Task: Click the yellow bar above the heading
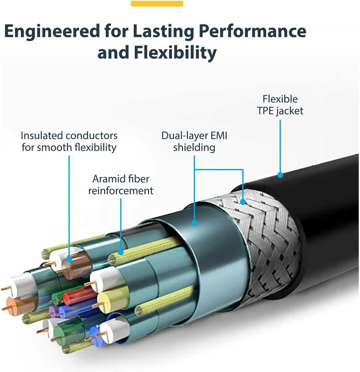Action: point(157,3)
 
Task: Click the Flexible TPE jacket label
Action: point(280,105)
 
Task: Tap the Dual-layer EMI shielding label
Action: point(194,141)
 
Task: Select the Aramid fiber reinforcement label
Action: point(121,184)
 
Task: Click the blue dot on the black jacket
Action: point(280,175)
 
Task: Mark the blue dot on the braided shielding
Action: point(243,202)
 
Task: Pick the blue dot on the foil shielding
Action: point(195,223)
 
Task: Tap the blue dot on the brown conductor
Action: point(69,259)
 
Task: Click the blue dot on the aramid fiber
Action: point(121,252)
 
